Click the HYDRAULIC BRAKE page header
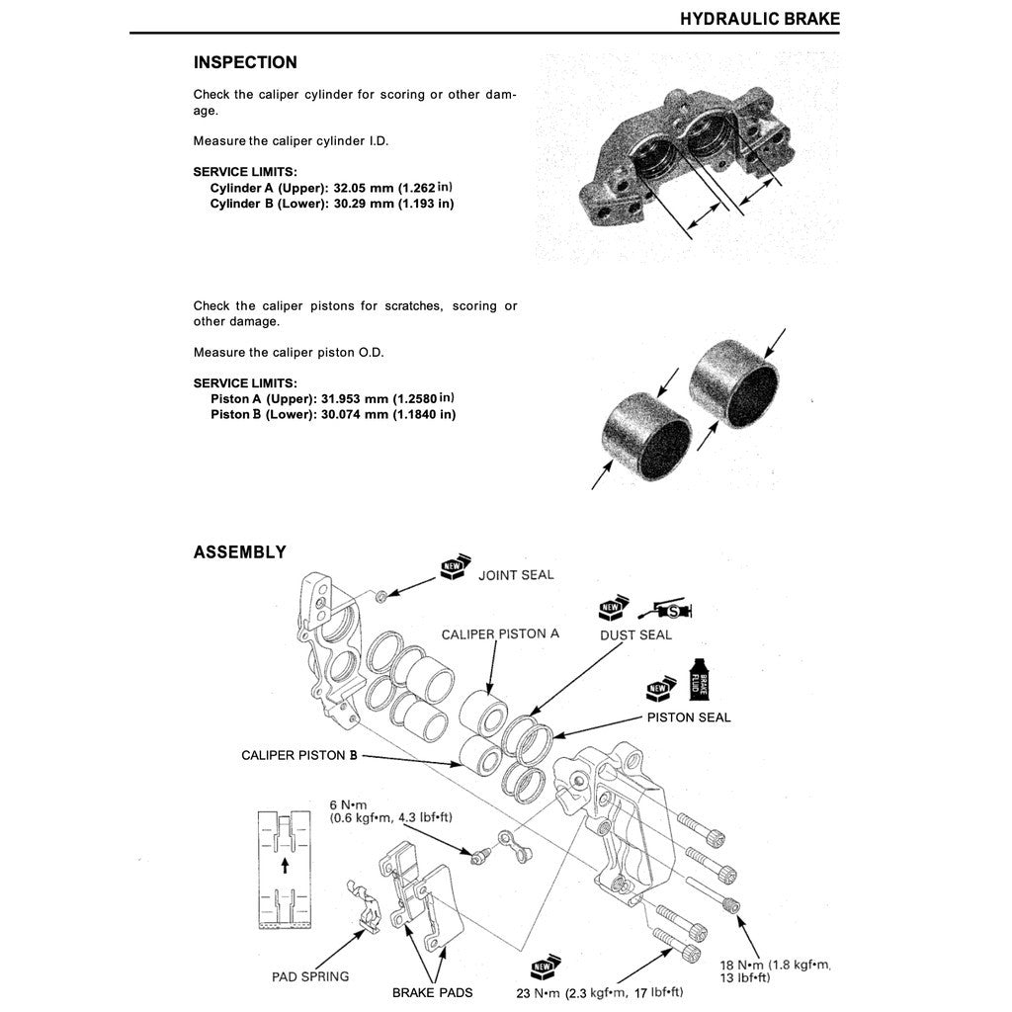point(759,19)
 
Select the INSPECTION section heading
point(245,62)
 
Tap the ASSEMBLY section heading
point(240,552)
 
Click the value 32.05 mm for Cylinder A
point(360,188)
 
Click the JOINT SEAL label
point(516,574)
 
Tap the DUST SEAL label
point(635,635)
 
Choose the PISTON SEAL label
point(689,717)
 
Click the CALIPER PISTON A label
point(500,633)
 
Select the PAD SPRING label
point(310,976)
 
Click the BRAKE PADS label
point(432,992)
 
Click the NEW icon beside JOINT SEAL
point(453,567)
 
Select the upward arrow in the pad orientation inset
point(285,866)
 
